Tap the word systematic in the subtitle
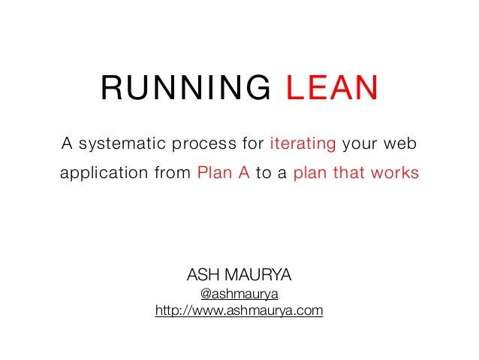pyautogui.click(x=120, y=143)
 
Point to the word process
pyautogui.click(x=210, y=143)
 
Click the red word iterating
pyautogui.click(x=303, y=143)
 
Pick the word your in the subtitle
pyautogui.click(x=363, y=143)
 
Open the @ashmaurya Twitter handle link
pyautogui.click(x=239, y=293)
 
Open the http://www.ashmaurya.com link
pyautogui.click(x=239, y=310)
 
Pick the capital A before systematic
pyautogui.click(x=66, y=143)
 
